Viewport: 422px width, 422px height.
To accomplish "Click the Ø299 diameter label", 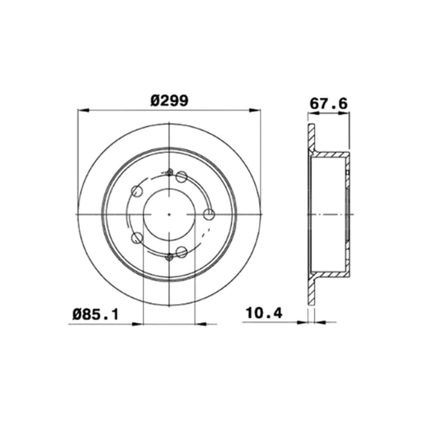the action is pyautogui.click(x=169, y=101).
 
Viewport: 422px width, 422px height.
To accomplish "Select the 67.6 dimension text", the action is pyautogui.click(x=329, y=103).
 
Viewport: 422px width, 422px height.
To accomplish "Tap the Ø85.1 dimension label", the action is pyautogui.click(x=95, y=314).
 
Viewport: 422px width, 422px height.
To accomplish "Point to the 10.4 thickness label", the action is pyautogui.click(x=264, y=313).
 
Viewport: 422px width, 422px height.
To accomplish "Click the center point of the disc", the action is pyautogui.click(x=169, y=214).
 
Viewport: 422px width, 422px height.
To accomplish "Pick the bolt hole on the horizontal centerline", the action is pyautogui.click(x=209, y=214).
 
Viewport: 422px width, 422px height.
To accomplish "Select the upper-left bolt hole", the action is pyautogui.click(x=137, y=191).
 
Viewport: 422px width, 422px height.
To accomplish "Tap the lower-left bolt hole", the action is pyautogui.click(x=137, y=238).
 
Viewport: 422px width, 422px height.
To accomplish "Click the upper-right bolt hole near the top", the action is pyautogui.click(x=181, y=176).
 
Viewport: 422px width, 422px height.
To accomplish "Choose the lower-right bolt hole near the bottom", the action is pyautogui.click(x=181, y=252).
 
